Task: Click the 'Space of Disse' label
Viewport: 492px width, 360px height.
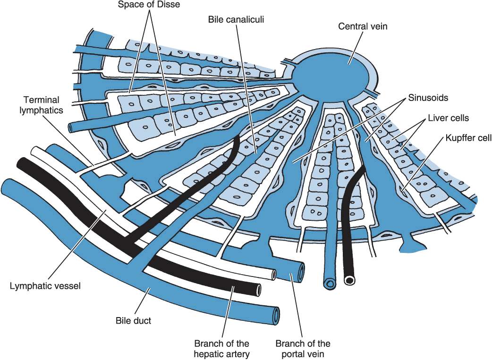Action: pos(150,5)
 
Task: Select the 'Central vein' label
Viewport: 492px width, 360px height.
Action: pos(363,26)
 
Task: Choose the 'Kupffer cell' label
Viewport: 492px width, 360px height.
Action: pos(468,138)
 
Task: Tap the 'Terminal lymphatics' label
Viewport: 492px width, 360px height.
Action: pos(42,105)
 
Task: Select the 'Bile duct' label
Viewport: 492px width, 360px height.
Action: pos(134,321)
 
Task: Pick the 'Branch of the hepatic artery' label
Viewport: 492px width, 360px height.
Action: pos(221,349)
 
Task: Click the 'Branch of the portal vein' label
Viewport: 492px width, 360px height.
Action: pos(303,349)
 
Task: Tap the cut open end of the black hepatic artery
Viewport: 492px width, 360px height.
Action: pos(258,289)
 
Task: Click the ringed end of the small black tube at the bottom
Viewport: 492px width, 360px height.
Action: pos(350,280)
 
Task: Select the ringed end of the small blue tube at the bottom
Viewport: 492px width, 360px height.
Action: pos(329,283)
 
